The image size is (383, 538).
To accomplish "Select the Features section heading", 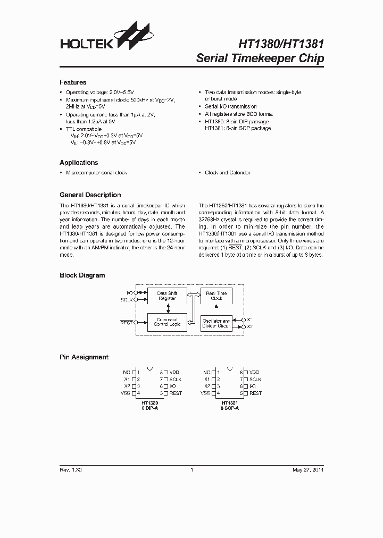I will pyautogui.click(x=72, y=82).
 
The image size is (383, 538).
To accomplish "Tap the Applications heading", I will pyautogui.click(x=79, y=163).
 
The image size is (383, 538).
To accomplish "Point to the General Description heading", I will pyautogui.click(x=90, y=195).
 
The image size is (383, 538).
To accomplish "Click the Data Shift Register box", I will pyautogui.click(x=167, y=296).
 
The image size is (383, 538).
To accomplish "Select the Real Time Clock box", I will pyautogui.click(x=216, y=296).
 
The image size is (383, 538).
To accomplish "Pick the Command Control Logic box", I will pyautogui.click(x=167, y=322).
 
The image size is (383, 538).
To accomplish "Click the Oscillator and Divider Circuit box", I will pyautogui.click(x=216, y=324).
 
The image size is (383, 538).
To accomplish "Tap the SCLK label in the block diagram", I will pyautogui.click(x=126, y=300).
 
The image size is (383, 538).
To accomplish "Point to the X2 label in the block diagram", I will pyautogui.click(x=250, y=326).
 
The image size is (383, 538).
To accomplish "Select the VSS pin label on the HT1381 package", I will pyautogui.click(x=205, y=393).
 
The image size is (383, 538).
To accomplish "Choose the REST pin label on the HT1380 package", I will pyautogui.click(x=176, y=393).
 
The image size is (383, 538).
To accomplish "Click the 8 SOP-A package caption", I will pyautogui.click(x=229, y=408).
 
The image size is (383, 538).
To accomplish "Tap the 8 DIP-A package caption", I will pyautogui.click(x=150, y=408).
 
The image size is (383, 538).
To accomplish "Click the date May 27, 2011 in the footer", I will pyautogui.click(x=308, y=470).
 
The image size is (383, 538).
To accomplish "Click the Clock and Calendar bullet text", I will pyautogui.click(x=227, y=173).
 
